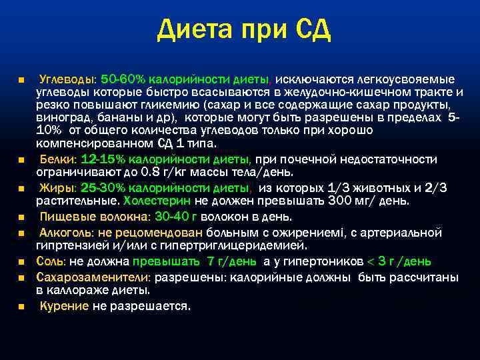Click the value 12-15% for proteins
pos(103,160)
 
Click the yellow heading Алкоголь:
pos(67,232)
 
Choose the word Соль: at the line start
pos(51,261)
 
